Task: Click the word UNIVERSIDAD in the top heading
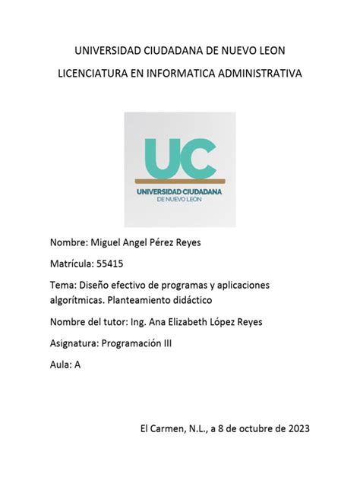(103, 51)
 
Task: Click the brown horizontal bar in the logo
(180, 181)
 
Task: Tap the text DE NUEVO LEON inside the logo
(180, 200)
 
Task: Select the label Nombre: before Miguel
(69, 244)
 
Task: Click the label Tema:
(63, 285)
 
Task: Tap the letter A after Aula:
(77, 364)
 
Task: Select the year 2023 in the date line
(295, 428)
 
